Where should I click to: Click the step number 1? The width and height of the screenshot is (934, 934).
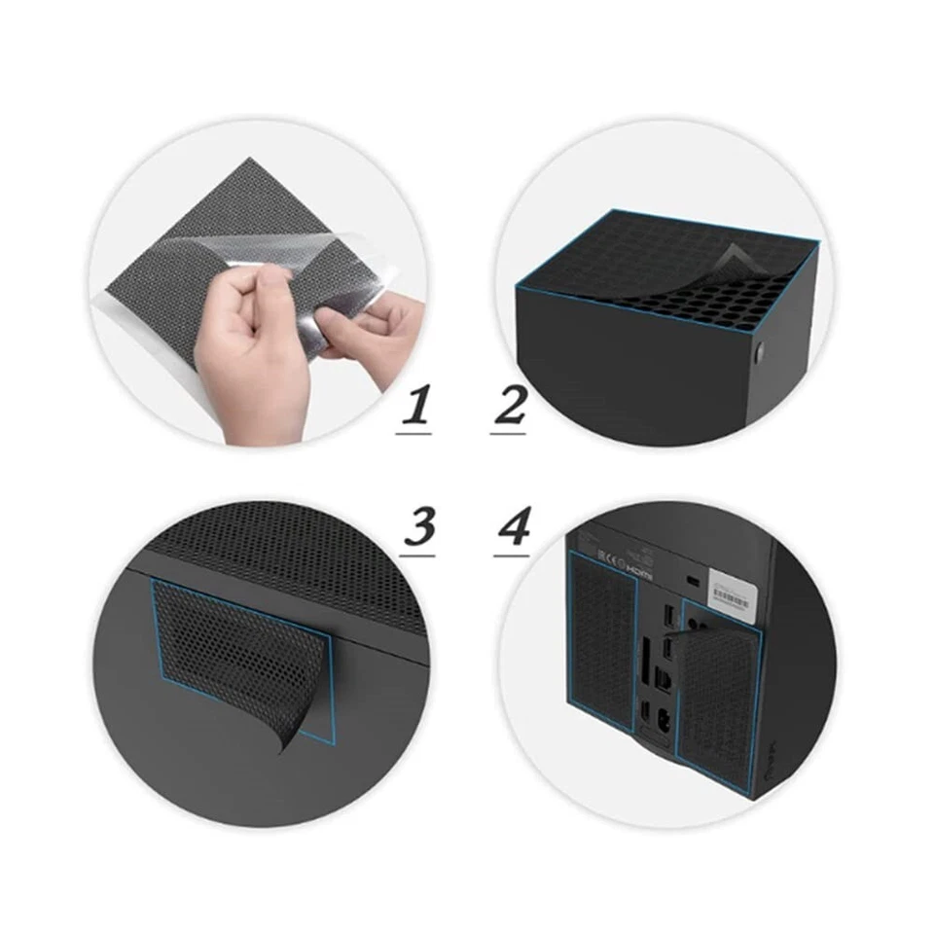415,408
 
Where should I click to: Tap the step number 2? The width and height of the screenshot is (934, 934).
509,408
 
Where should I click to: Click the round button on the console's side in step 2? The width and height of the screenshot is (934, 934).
757,347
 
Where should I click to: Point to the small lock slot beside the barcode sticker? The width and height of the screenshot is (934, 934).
693,580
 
